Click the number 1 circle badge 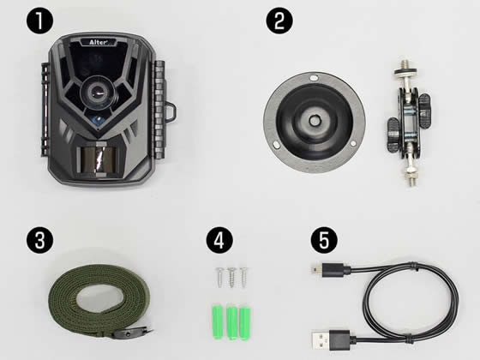click(39, 21)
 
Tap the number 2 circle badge click(279, 21)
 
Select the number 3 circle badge click(39, 240)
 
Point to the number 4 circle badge click(219, 240)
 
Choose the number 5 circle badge click(324, 240)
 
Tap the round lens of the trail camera click(99, 92)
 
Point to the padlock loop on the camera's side click(171, 111)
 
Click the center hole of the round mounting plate click(315, 120)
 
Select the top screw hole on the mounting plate click(313, 78)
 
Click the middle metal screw click(231, 277)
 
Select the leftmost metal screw click(219, 277)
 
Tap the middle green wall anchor click(231, 322)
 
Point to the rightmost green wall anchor click(244, 322)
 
